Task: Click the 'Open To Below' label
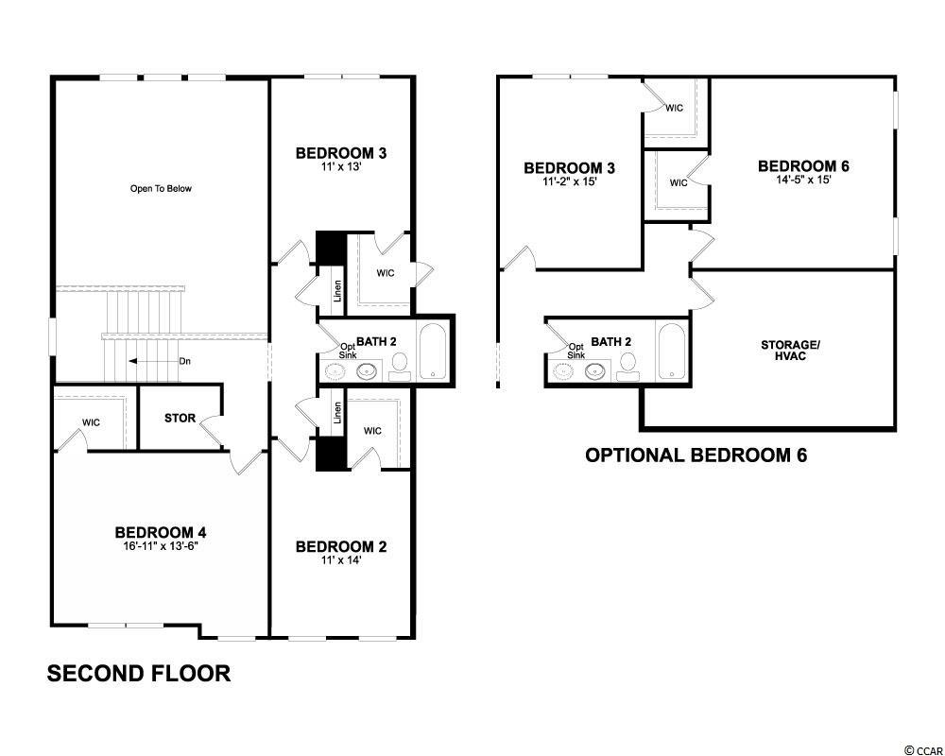(161, 189)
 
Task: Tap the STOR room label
(180, 418)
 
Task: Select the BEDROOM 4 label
(161, 532)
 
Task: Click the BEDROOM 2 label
(341, 547)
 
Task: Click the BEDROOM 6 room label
(803, 165)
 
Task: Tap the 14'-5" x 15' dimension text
(803, 179)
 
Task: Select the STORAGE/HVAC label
(790, 351)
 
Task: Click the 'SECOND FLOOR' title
(139, 674)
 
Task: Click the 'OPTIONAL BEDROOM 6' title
(696, 455)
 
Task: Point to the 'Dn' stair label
(185, 361)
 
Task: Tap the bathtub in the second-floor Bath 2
(432, 352)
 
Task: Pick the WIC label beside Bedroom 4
(91, 422)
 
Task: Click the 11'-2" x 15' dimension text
(570, 180)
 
